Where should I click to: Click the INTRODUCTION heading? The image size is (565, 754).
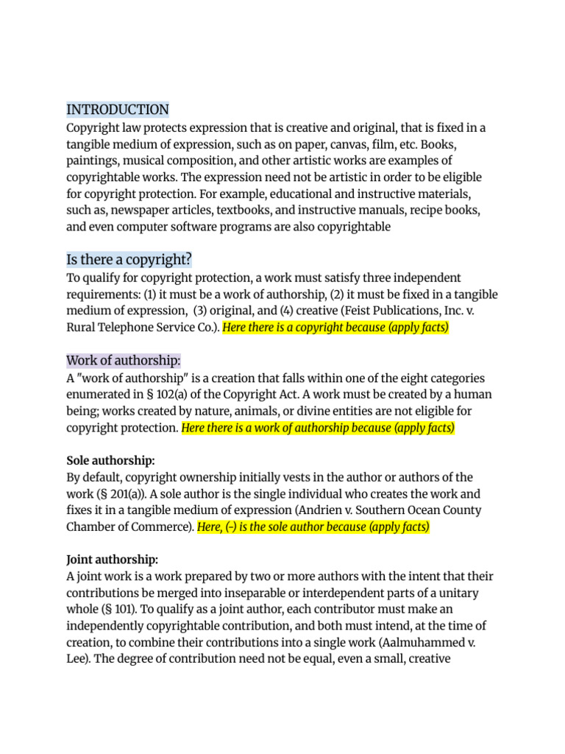pyautogui.click(x=118, y=110)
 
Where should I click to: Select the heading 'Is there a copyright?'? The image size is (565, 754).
pyautogui.click(x=129, y=260)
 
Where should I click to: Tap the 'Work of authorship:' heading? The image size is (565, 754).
pyautogui.click(x=124, y=360)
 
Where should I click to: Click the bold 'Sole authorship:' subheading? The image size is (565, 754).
pyautogui.click(x=110, y=460)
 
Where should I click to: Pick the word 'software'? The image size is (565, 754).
pyautogui.click(x=220, y=227)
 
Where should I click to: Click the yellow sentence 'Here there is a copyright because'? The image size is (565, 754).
pyautogui.click(x=335, y=328)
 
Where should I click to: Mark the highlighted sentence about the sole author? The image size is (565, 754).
pyautogui.click(x=313, y=527)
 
